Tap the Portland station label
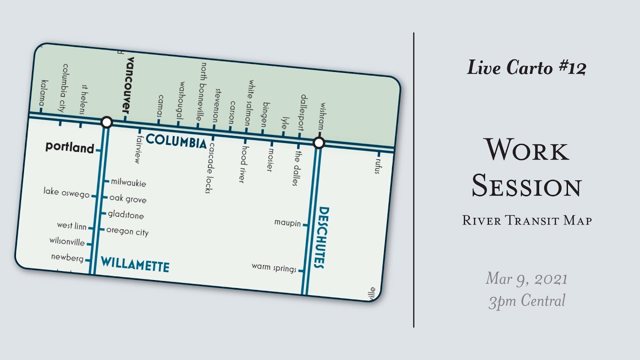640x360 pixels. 69,147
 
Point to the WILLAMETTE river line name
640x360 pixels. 135,264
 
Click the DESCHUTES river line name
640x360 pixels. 321,237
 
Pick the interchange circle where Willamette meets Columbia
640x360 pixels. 106,122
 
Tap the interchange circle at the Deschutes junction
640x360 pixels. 318,143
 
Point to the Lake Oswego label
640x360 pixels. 66,191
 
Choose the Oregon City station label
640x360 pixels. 127,231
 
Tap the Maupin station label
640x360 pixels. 287,222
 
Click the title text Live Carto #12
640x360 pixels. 526,67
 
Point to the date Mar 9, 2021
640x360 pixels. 526,278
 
